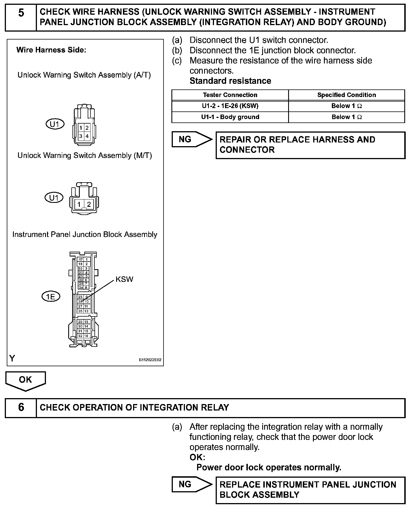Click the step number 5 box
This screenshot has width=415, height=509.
coord(21,17)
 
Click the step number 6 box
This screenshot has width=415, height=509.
coord(21,408)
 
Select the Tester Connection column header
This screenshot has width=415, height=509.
coord(230,95)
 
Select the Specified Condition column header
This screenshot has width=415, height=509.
coord(346,95)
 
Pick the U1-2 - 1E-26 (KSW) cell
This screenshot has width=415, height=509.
coord(230,106)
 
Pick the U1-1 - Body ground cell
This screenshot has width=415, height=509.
coord(230,117)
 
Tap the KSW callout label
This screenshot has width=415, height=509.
coord(124,279)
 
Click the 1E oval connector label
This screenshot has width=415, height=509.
coord(51,297)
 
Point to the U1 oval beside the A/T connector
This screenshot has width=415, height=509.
coord(55,124)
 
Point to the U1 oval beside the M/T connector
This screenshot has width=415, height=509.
coord(54,198)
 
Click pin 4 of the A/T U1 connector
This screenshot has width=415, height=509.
coord(87,136)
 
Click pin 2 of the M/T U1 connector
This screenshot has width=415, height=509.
coord(89,204)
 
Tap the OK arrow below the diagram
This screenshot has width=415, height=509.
coord(25,381)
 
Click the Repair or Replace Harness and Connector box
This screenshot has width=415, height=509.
coord(310,145)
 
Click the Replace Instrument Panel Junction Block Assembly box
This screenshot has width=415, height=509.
coord(310,490)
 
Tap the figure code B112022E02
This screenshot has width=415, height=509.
coord(150,360)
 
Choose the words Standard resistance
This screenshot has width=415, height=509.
coord(230,81)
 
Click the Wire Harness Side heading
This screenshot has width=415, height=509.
coord(51,50)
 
